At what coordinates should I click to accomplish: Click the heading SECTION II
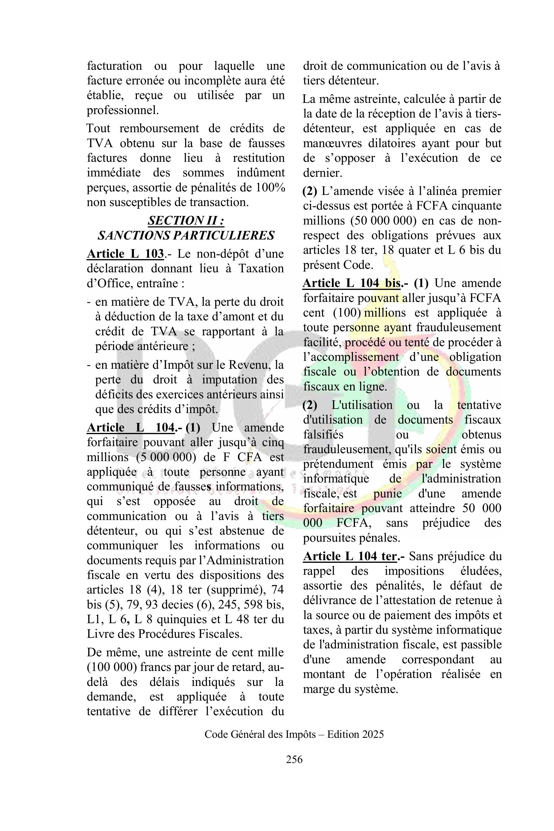[x=186, y=221]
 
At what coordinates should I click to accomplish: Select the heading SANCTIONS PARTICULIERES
[x=186, y=235]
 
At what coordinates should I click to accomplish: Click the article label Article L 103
[x=125, y=254]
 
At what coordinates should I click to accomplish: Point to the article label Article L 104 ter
[x=350, y=556]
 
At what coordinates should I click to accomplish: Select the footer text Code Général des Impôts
[x=260, y=734]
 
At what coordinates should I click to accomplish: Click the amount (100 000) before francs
[x=112, y=667]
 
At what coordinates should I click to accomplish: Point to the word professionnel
[x=122, y=111]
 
